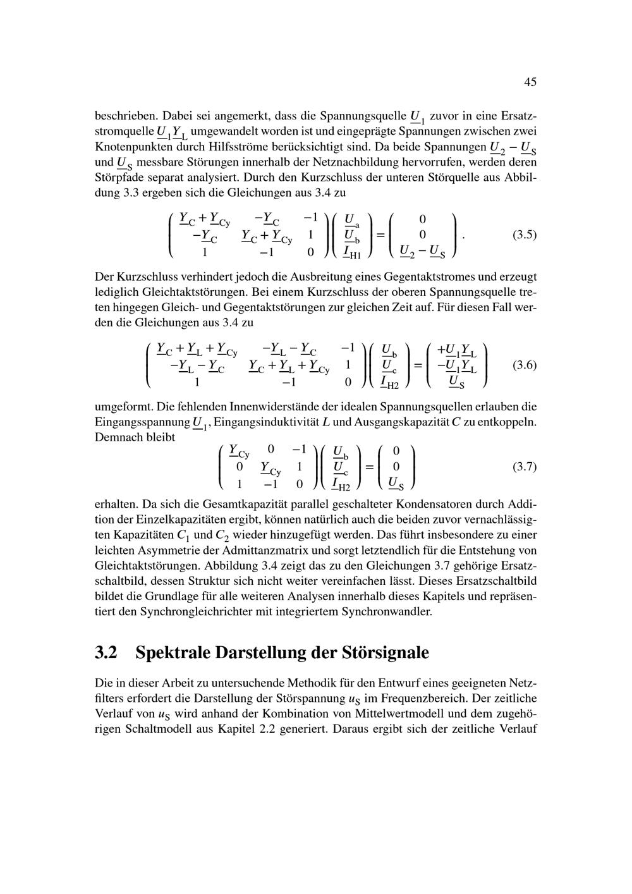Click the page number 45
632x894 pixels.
point(530,82)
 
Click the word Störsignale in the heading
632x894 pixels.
point(386,652)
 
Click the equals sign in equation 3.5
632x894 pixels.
point(380,235)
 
